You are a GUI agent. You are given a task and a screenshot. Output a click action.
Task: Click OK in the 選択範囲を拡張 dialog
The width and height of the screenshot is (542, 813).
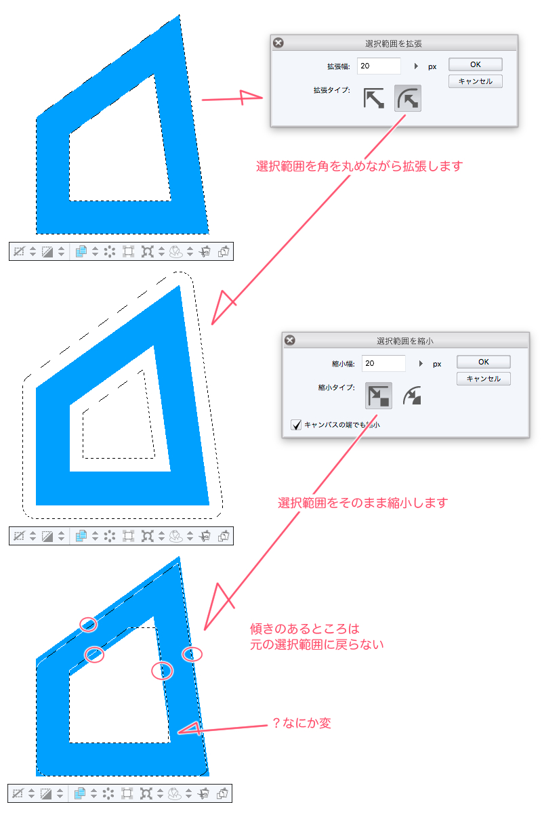pyautogui.click(x=475, y=64)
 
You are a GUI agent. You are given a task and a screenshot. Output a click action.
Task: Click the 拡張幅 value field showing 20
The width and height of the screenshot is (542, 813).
pyautogui.click(x=379, y=66)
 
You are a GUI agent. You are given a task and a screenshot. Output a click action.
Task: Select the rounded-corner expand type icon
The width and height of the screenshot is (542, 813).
pyautogui.click(x=408, y=98)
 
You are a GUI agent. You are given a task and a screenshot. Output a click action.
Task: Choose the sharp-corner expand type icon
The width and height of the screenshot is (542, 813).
pyautogui.click(x=373, y=98)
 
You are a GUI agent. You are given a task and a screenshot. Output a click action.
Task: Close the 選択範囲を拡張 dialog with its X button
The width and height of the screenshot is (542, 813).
pyautogui.click(x=278, y=43)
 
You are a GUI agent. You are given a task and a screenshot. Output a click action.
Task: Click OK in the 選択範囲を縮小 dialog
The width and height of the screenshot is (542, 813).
pyautogui.click(x=483, y=362)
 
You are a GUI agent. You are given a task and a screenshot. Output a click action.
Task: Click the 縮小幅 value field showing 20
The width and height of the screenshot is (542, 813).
pyautogui.click(x=383, y=363)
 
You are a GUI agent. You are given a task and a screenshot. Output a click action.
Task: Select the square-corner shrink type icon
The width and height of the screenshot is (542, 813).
pyautogui.click(x=378, y=396)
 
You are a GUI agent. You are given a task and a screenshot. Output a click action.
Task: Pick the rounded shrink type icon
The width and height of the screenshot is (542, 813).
pyautogui.click(x=413, y=396)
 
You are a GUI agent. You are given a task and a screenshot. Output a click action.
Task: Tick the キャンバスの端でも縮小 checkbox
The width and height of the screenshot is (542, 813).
pyautogui.click(x=296, y=425)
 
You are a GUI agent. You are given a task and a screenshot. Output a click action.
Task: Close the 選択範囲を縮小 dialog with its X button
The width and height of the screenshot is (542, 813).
pyautogui.click(x=290, y=340)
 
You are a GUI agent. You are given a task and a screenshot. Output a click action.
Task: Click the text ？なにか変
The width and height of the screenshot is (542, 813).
pyautogui.click(x=301, y=723)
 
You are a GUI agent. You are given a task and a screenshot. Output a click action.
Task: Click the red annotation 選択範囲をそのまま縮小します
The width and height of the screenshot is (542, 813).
pyautogui.click(x=362, y=503)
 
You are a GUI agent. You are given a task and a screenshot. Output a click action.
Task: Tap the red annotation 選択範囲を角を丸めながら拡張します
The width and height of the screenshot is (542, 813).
pyautogui.click(x=359, y=166)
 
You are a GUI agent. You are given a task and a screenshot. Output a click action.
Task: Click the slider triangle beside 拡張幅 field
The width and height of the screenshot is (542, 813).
pyautogui.click(x=416, y=66)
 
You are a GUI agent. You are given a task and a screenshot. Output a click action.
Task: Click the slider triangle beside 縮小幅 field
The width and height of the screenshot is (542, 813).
pyautogui.click(x=421, y=363)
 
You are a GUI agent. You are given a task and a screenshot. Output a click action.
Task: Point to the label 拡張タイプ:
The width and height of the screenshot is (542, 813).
pyautogui.click(x=332, y=90)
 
